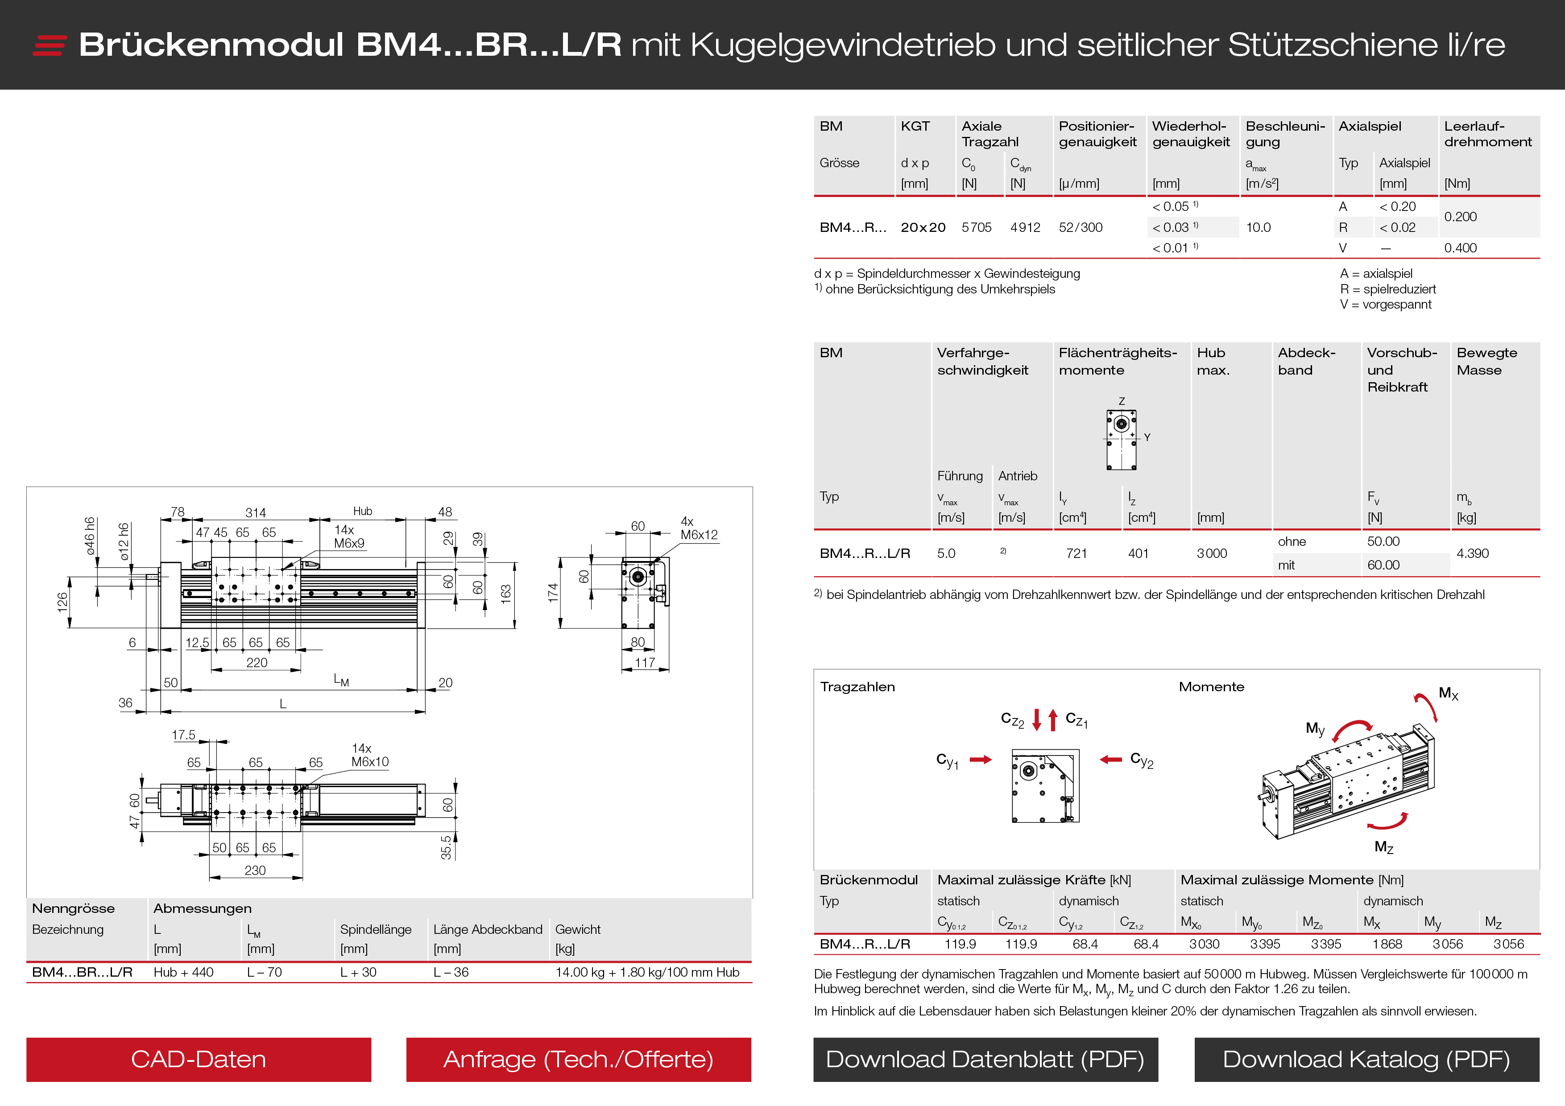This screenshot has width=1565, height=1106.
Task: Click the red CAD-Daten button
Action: pyautogui.click(x=199, y=1059)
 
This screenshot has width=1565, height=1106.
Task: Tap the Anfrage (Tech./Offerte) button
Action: pyautogui.click(x=578, y=1059)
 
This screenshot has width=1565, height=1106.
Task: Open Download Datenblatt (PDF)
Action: pyautogui.click(x=985, y=1059)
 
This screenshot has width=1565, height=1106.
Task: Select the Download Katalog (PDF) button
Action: pyautogui.click(x=1366, y=1059)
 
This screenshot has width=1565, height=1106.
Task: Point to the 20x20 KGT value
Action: pyautogui.click(x=923, y=227)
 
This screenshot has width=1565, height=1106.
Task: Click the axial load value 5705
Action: pyautogui.click(x=976, y=227)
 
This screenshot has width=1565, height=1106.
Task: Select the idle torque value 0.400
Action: pyautogui.click(x=1460, y=248)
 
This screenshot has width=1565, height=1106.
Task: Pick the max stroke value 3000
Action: pyautogui.click(x=1211, y=553)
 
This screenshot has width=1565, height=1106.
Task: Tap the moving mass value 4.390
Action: pyautogui.click(x=1472, y=553)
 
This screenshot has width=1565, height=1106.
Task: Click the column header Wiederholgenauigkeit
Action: pyautogui.click(x=1191, y=134)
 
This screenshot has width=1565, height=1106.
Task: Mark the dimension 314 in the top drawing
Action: pyautogui.click(x=256, y=512)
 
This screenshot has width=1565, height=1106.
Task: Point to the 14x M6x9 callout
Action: pyautogui.click(x=349, y=536)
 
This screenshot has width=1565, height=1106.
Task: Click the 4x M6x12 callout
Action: pyautogui.click(x=699, y=528)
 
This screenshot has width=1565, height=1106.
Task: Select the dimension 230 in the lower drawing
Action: pyautogui.click(x=255, y=870)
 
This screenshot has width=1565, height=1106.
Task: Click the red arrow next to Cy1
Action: pyautogui.click(x=980, y=760)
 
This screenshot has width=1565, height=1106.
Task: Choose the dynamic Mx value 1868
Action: pyautogui.click(x=1387, y=944)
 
